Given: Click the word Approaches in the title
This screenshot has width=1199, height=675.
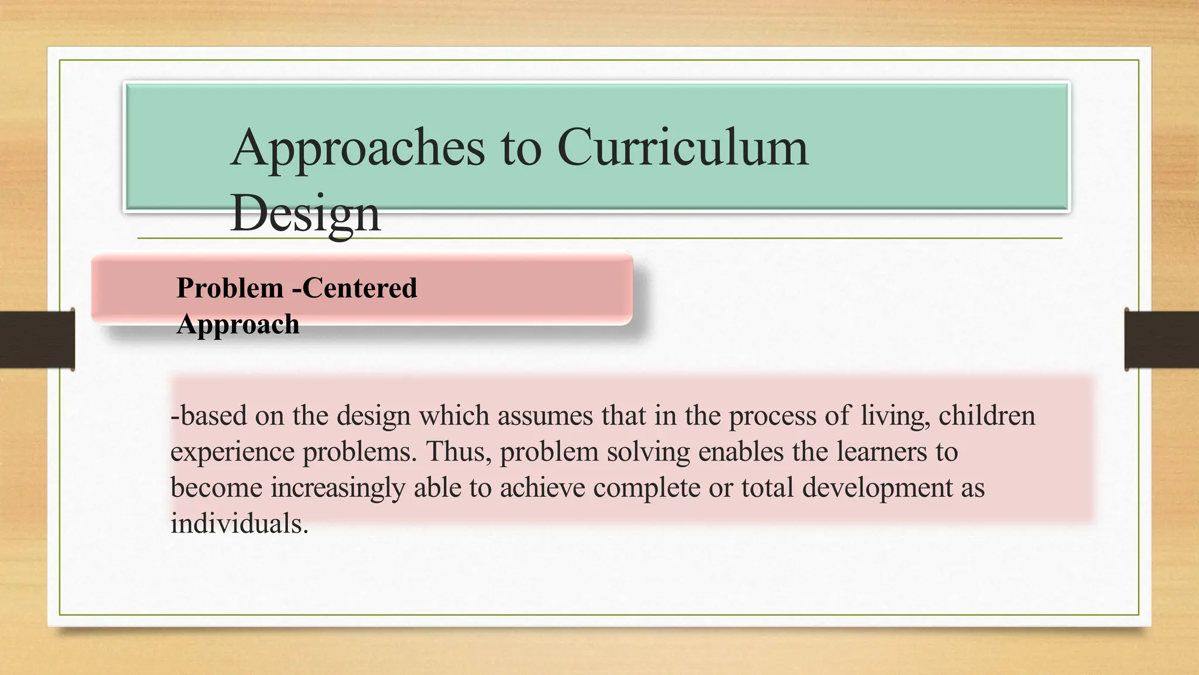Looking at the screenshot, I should pyautogui.click(x=358, y=149).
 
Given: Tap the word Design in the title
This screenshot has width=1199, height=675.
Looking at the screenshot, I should pyautogui.click(x=305, y=213).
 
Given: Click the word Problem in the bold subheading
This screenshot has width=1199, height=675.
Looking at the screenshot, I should pyautogui.click(x=230, y=288).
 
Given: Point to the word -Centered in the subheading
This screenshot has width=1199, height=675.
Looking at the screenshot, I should pyautogui.click(x=355, y=288).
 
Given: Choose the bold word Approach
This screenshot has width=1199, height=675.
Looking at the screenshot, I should pyautogui.click(x=238, y=325).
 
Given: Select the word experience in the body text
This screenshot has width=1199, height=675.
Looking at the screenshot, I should pyautogui.click(x=232, y=452).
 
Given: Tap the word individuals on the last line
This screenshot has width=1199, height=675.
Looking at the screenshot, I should pyautogui.click(x=239, y=524).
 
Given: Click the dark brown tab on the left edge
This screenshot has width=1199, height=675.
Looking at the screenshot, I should pyautogui.click(x=37, y=340).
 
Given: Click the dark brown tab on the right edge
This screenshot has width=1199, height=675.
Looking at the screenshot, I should pyautogui.click(x=1162, y=340).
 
